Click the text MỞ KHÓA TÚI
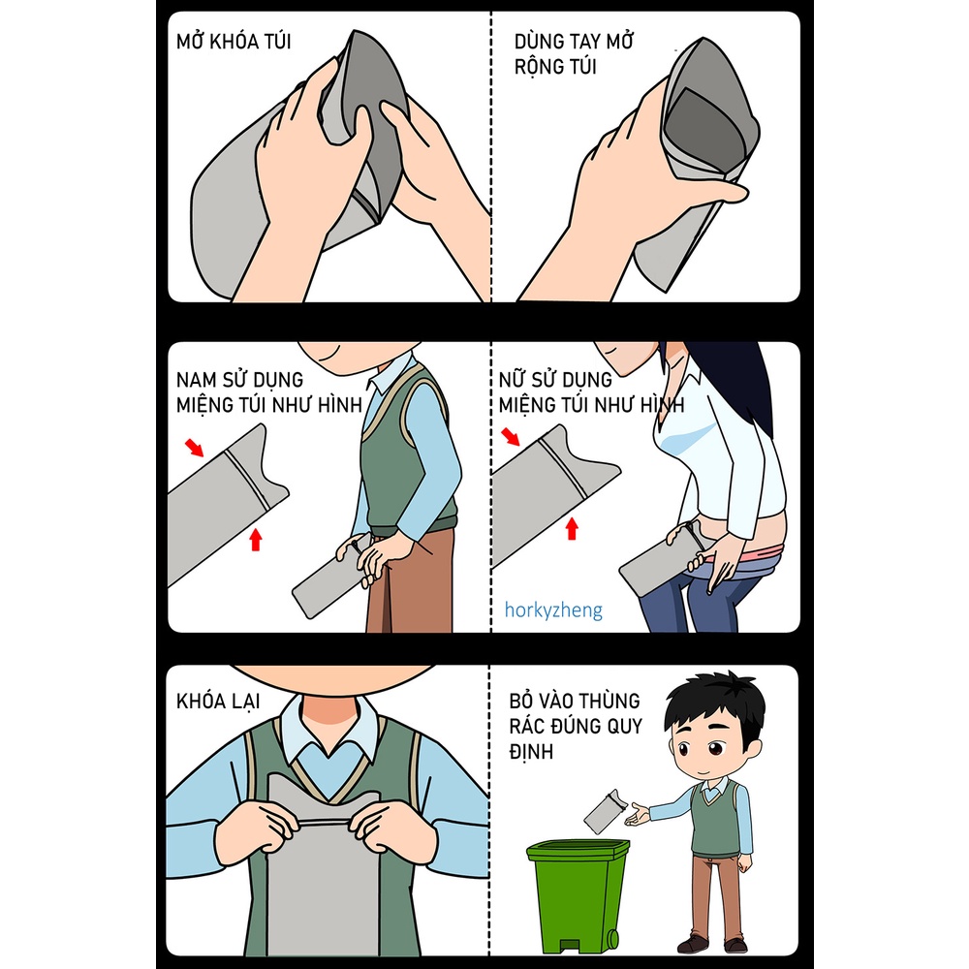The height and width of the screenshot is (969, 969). click(x=234, y=43)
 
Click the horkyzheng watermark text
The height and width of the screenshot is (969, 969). click(x=553, y=610)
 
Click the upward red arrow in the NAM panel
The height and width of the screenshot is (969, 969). click(x=256, y=539)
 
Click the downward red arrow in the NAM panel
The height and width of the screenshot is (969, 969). click(x=195, y=447)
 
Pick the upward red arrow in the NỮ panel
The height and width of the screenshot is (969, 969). click(x=572, y=527)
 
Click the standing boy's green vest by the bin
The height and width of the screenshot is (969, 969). click(x=715, y=825)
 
